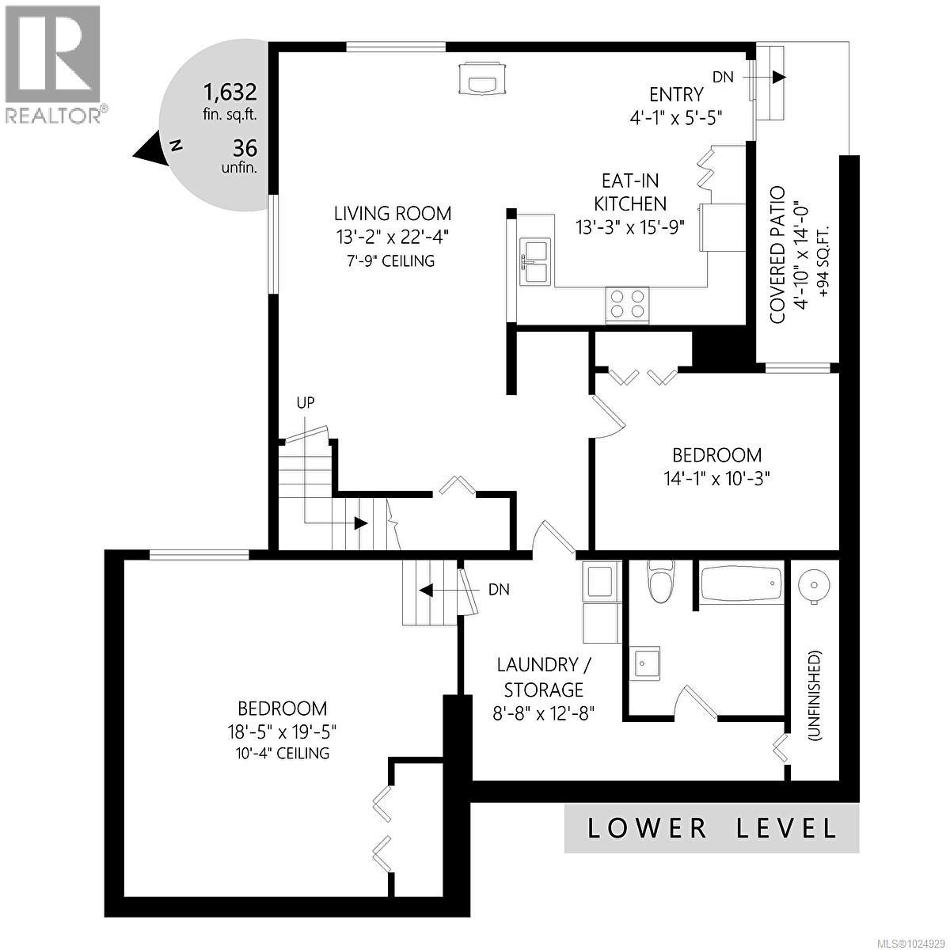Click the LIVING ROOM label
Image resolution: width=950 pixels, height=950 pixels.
tap(392, 213)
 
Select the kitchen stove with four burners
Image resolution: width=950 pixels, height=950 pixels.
tap(627, 305)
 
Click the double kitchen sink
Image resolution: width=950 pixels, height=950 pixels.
tap(536, 261)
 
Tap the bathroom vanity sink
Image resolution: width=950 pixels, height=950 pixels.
tap(647, 661)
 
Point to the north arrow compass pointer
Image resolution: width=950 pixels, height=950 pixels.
tap(150, 148)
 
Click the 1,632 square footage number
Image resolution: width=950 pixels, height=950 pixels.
tap(230, 91)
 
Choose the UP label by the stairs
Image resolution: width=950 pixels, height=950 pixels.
tap(305, 402)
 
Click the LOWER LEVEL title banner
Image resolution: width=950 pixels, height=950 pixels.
tap(711, 828)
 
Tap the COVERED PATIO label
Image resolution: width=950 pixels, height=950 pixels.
tap(777, 255)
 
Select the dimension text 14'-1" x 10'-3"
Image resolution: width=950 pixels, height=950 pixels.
tap(716, 478)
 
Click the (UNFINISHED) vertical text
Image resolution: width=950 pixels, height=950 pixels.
tap(815, 695)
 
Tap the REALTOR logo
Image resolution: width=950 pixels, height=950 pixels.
tap(53, 63)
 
